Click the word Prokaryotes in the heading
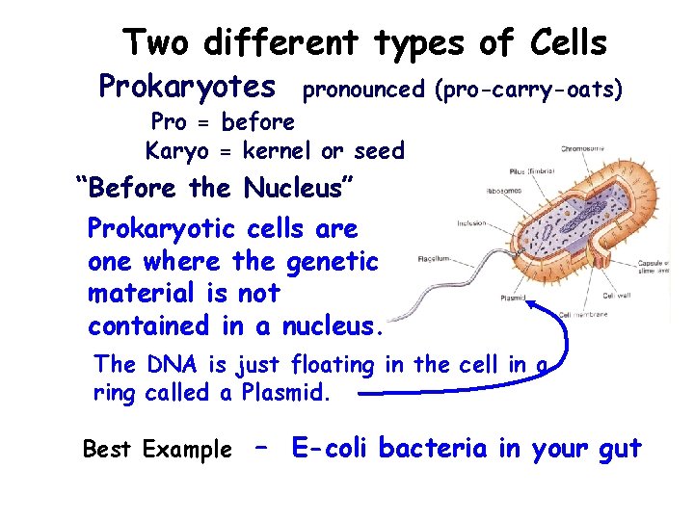[187, 88]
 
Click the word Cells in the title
[568, 42]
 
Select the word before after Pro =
[258, 122]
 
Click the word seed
[379, 151]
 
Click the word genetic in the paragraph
[332, 261]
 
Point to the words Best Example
[157, 450]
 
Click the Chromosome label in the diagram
[584, 148]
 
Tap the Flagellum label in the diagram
[437, 259]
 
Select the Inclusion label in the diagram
[471, 223]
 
